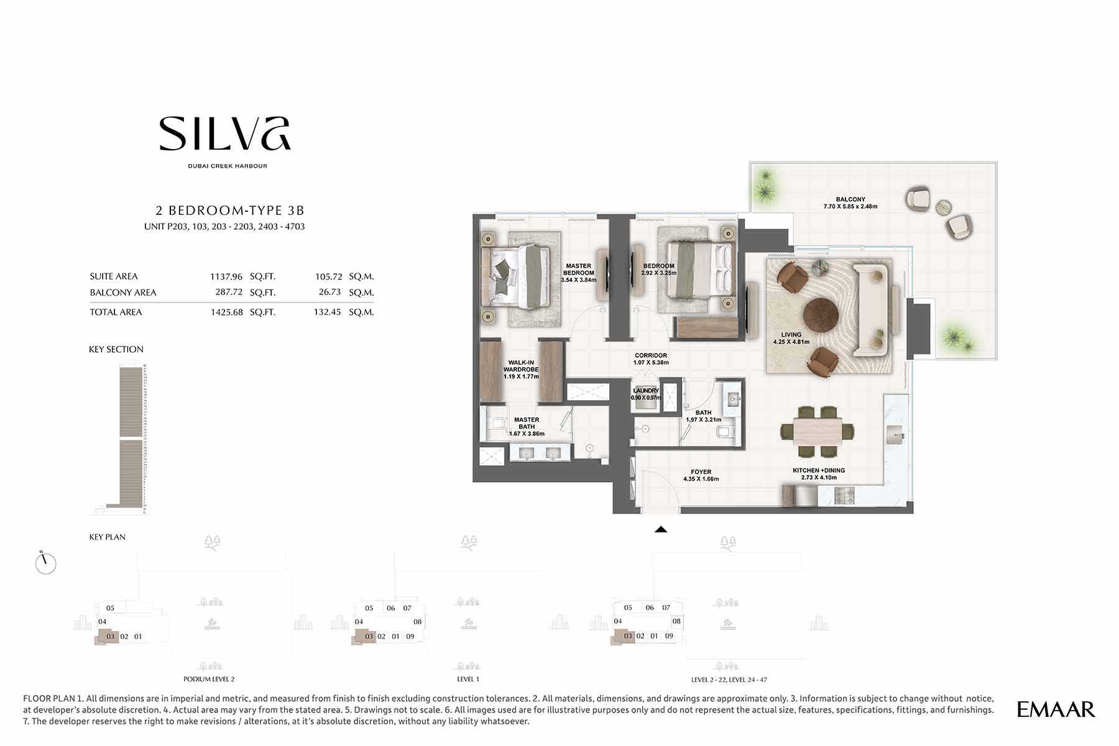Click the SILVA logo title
coord(225,134)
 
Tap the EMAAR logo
coord(1056,709)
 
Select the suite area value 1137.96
coord(226,276)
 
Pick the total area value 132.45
coord(328,312)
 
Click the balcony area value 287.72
coord(226,293)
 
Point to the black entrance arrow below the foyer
coord(661,529)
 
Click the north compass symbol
coord(45,563)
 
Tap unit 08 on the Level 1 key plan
coord(417,621)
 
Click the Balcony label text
coord(850,199)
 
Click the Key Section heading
coord(116,349)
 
